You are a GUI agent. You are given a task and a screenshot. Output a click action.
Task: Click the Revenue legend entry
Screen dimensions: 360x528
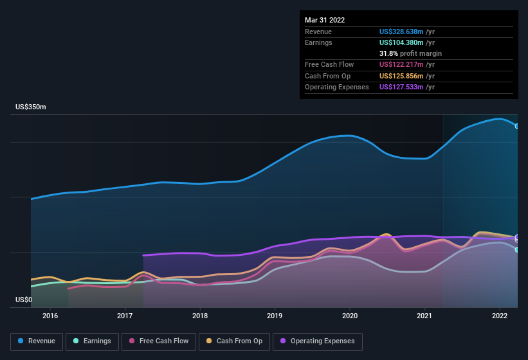pyautogui.click(x=37, y=341)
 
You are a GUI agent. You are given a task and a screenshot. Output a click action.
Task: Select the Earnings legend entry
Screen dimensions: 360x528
pyautogui.click(x=92, y=341)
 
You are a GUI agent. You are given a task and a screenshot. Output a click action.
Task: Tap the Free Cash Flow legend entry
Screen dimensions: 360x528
pyautogui.click(x=159, y=341)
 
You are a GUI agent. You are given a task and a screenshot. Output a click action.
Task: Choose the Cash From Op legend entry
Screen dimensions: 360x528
pyautogui.click(x=234, y=341)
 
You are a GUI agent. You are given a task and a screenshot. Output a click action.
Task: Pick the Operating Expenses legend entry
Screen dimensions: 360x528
pyautogui.click(x=317, y=341)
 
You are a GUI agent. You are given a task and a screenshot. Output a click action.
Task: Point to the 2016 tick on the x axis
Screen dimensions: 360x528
pyautogui.click(x=50, y=316)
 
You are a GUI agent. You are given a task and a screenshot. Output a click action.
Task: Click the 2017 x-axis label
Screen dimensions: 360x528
pyautogui.click(x=125, y=316)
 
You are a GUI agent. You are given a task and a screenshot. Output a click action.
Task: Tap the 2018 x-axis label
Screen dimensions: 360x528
pyautogui.click(x=200, y=316)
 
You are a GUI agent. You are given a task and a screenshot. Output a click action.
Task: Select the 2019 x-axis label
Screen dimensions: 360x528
pyautogui.click(x=275, y=316)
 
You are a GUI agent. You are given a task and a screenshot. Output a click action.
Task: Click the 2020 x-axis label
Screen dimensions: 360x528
pyautogui.click(x=350, y=316)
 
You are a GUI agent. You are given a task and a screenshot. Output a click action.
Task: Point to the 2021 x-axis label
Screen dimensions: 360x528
pyautogui.click(x=424, y=316)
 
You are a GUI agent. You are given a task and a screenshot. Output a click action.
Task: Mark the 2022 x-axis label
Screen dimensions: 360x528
pyautogui.click(x=500, y=316)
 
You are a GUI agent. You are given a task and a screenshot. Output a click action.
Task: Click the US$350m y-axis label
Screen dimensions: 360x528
pyautogui.click(x=31, y=107)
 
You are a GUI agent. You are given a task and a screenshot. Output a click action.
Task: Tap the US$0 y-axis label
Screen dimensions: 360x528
pyautogui.click(x=24, y=300)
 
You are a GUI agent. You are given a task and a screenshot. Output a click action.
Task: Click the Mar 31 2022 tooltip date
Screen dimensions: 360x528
pyautogui.click(x=325, y=20)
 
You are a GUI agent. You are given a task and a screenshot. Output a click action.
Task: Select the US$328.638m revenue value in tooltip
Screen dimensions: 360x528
pyautogui.click(x=402, y=32)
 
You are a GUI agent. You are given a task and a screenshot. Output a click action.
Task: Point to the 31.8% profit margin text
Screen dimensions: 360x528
pyautogui.click(x=410, y=53)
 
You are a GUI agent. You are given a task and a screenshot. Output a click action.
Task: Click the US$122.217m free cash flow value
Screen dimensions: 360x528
pyautogui.click(x=402, y=64)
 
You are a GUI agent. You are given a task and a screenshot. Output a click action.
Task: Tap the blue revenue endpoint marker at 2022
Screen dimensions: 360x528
pyautogui.click(x=517, y=126)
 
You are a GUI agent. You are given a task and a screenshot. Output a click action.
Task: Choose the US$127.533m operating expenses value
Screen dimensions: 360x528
pyautogui.click(x=402, y=87)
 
